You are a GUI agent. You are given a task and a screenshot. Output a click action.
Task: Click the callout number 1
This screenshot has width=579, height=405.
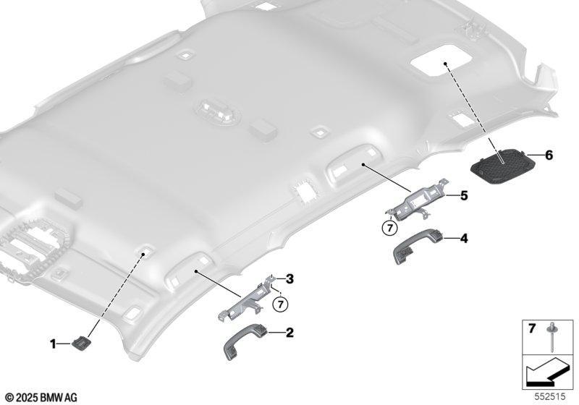pos(53,344)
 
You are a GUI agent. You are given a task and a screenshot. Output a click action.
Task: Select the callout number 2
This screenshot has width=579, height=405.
pos(289,333)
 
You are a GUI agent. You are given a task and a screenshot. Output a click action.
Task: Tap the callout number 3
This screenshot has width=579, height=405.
pos(290,279)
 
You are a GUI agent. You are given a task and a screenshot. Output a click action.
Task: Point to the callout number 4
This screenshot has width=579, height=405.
pos(464,238)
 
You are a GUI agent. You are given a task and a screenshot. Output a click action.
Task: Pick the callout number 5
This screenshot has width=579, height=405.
pos(464,195)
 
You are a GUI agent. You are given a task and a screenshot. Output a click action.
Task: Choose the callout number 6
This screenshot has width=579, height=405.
pos(549,155)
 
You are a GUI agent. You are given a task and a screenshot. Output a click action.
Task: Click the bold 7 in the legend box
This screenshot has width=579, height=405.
pos(531,328)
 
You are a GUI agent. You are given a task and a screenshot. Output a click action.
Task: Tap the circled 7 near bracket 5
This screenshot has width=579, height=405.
pos(389,229)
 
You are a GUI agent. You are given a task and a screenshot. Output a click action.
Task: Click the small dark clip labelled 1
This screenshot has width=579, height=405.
pos(80,343)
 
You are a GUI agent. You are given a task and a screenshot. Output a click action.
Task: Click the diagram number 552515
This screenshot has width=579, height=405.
pos(550,397)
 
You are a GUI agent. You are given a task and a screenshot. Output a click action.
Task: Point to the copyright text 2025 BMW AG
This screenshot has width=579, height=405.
pos(41,397)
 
